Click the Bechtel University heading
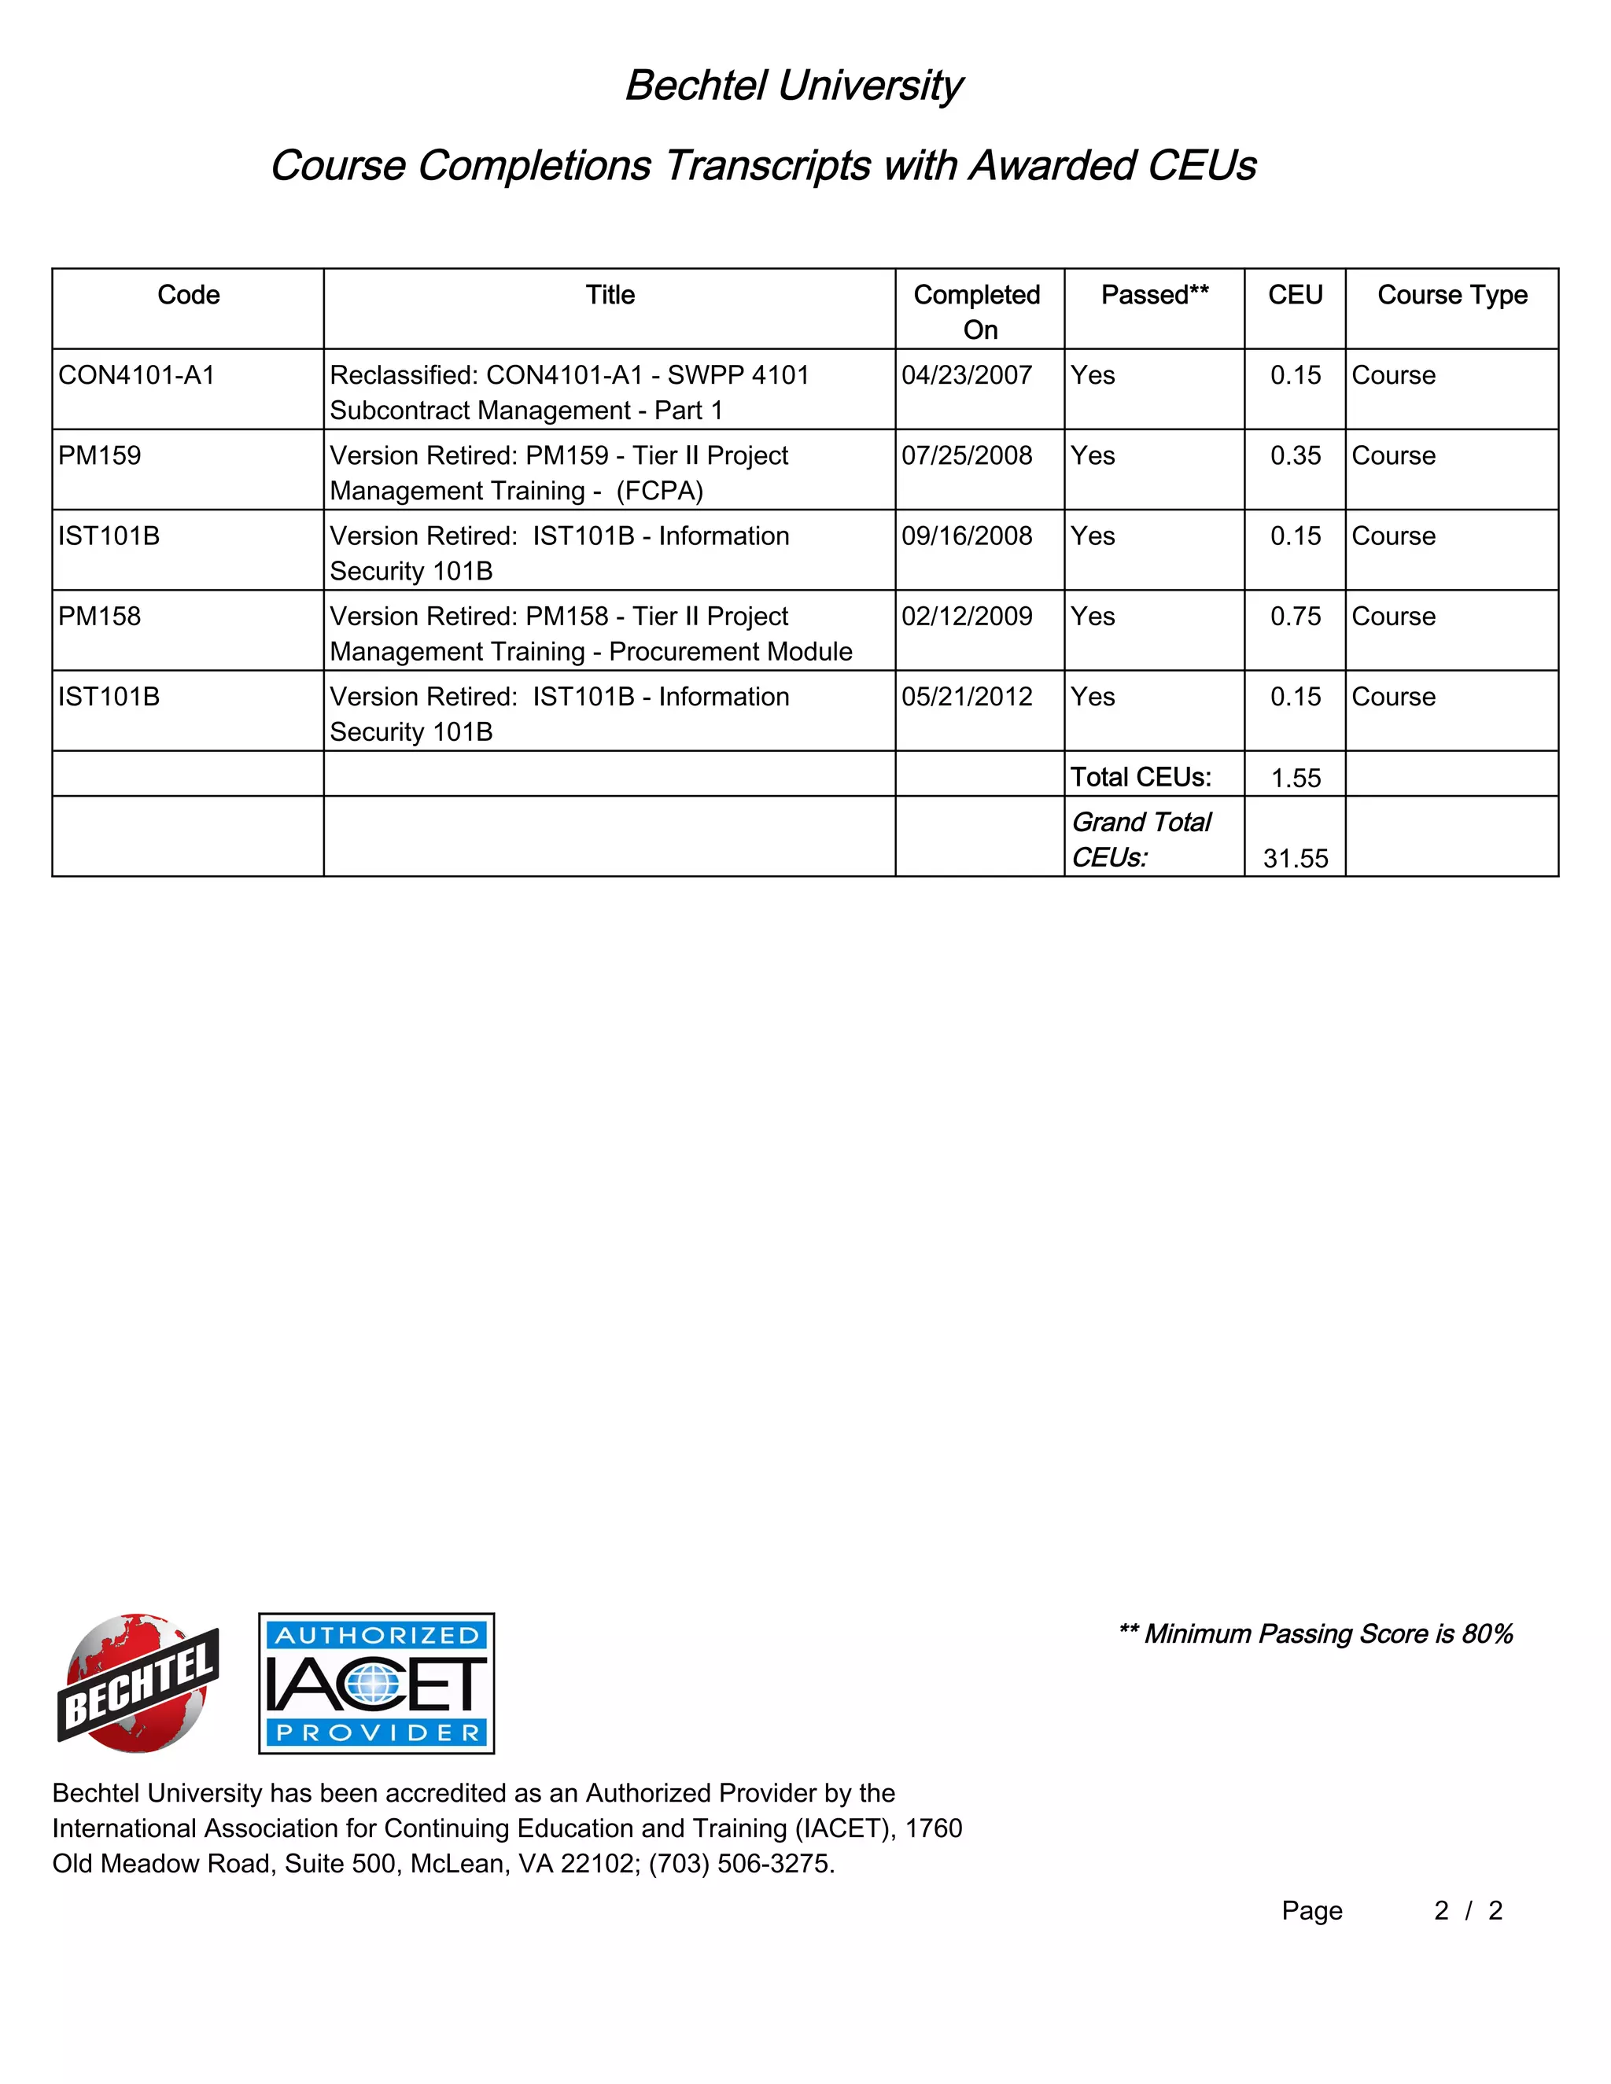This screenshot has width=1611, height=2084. (x=793, y=86)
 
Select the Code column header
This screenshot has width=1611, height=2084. (x=188, y=295)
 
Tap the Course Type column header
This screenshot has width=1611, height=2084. (x=1451, y=295)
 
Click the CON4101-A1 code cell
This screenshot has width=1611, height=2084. (x=136, y=375)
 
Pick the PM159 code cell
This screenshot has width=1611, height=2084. (x=99, y=455)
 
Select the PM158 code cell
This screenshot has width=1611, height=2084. (x=99, y=617)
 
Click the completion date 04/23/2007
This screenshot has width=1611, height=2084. (x=967, y=375)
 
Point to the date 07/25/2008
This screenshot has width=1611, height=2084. (x=967, y=455)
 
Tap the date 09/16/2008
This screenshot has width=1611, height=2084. (x=967, y=536)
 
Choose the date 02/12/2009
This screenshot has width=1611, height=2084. (x=967, y=617)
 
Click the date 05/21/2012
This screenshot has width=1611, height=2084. (x=967, y=697)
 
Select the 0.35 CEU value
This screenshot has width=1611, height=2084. (x=1295, y=456)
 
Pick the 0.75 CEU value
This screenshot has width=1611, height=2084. (x=1295, y=617)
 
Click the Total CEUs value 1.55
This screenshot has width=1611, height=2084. (x=1295, y=778)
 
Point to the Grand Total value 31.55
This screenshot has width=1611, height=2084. (x=1295, y=859)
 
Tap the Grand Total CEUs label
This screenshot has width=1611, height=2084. (x=1141, y=840)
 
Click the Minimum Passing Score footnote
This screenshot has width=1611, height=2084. (x=1315, y=1633)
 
